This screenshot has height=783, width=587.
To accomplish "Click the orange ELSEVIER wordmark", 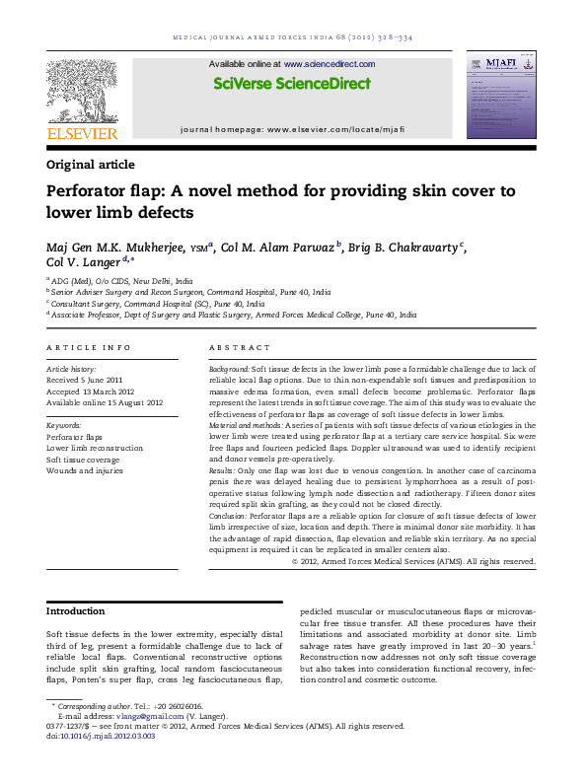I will click(82, 134).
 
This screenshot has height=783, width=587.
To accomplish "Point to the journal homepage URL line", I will click(293, 129).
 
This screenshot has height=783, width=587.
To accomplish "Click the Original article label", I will click(91, 165).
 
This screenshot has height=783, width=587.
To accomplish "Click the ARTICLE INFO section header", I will click(89, 348).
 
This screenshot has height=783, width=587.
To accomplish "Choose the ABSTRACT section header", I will click(239, 348).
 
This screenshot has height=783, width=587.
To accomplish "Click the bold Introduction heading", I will click(76, 611).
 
